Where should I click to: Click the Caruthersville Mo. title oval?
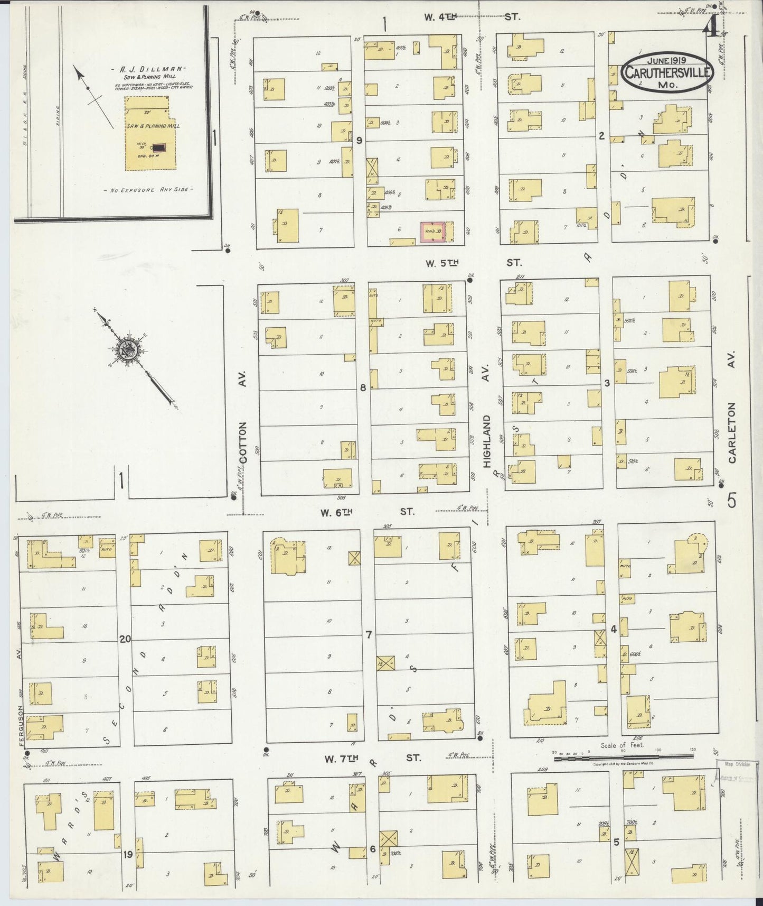click(667, 73)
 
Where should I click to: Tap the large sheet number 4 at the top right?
click(710, 29)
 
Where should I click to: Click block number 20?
click(125, 639)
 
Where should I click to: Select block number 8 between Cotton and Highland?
click(363, 388)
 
